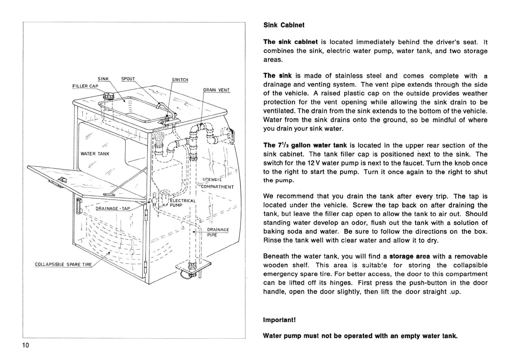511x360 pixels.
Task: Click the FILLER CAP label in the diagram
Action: point(82,86)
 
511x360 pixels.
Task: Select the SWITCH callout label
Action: point(180,80)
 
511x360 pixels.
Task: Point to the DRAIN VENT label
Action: point(217,90)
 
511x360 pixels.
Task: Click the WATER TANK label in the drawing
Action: point(95,154)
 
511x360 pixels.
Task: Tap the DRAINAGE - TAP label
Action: point(112,208)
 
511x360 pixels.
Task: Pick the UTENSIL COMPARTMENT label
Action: point(217,183)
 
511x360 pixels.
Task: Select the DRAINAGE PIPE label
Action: point(217,232)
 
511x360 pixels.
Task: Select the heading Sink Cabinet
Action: point(284,25)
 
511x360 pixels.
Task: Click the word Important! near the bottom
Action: point(280,319)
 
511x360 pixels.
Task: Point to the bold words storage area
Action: point(407,256)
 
